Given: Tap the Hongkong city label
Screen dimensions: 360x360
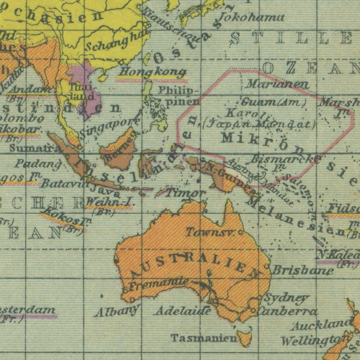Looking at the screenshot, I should (x=152, y=72).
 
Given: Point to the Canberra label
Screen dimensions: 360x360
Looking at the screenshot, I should (x=287, y=311).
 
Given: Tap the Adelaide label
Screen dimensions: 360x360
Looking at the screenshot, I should (x=182, y=311).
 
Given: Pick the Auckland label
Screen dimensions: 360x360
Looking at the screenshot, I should (x=321, y=325).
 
